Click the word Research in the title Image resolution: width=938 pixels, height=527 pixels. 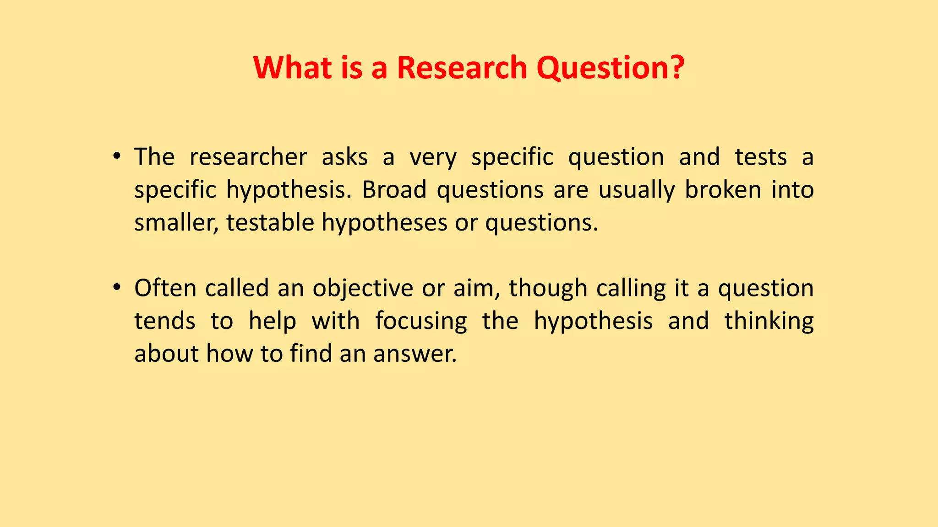pyautogui.click(x=462, y=68)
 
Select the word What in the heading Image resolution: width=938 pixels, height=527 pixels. pyautogui.click(x=293, y=68)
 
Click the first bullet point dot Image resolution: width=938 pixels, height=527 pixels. pyautogui.click(x=117, y=157)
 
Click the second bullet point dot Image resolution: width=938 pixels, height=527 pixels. pyautogui.click(x=117, y=288)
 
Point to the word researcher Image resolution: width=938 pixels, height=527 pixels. pyautogui.click(x=248, y=157)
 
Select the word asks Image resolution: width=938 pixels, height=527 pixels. pyautogui.click(x=344, y=157)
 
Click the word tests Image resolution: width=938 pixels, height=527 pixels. pyautogui.click(x=761, y=157)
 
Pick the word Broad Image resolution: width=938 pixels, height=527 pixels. pyautogui.click(x=394, y=190)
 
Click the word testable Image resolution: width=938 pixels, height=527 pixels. pyautogui.click(x=270, y=223)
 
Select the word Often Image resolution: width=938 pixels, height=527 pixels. pyautogui.click(x=165, y=288)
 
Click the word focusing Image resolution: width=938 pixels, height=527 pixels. pyautogui.click(x=421, y=321)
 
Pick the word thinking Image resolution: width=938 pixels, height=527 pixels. pyautogui.click(x=769, y=321)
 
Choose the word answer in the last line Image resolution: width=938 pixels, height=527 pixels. pyautogui.click(x=414, y=354)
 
